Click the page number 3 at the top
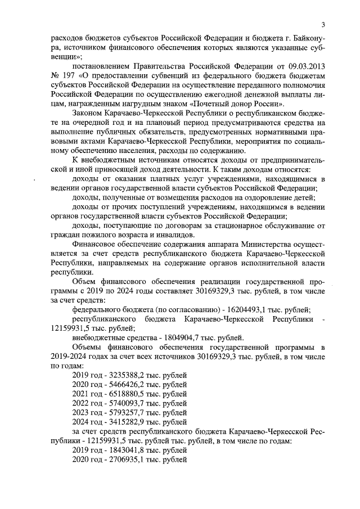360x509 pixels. (323, 24)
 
